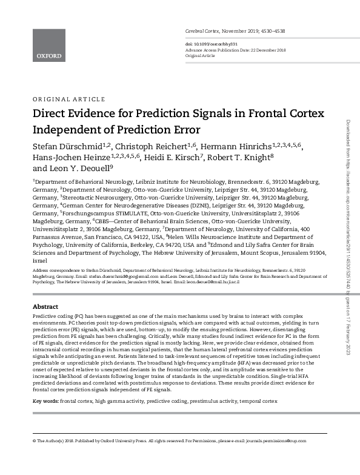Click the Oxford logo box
tap(48, 45)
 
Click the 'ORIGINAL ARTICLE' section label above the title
tap(68, 99)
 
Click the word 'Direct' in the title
tap(51, 113)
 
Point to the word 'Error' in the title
tap(183, 129)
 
